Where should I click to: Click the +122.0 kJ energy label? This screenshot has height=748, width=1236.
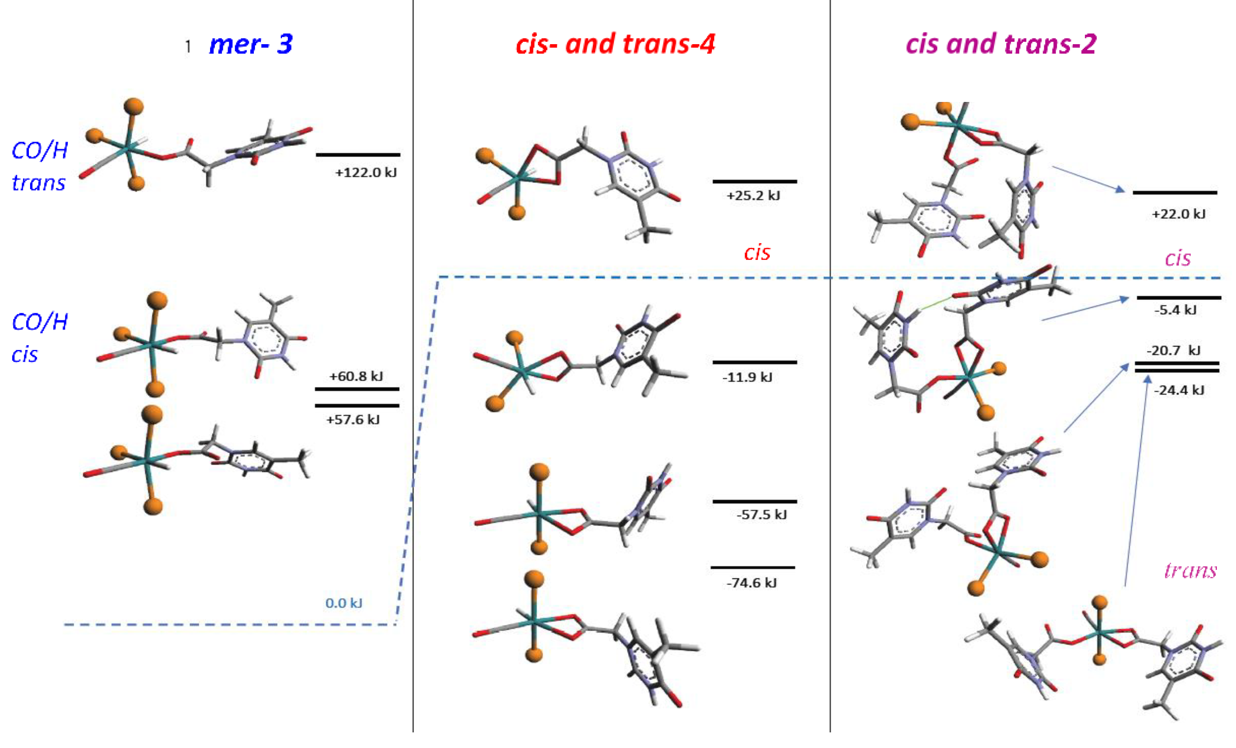point(366,173)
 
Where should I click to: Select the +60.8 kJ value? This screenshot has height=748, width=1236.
point(356,376)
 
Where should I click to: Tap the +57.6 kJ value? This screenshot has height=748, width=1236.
point(353,420)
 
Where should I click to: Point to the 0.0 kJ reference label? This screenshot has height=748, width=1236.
point(344,603)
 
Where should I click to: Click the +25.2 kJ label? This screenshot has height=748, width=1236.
point(753,196)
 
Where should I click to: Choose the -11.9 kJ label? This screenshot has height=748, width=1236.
point(747,377)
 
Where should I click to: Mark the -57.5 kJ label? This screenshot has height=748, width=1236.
point(762,515)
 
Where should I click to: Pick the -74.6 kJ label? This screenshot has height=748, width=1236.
point(751,583)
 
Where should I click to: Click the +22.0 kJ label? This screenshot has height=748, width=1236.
point(1178,214)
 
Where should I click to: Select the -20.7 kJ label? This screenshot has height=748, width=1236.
point(1173,350)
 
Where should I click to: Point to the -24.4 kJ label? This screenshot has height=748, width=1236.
point(1179,390)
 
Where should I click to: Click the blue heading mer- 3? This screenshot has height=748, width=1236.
point(250,44)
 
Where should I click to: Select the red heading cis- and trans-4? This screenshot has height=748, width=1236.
point(615,44)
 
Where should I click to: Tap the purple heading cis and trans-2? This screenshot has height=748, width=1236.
point(1001,44)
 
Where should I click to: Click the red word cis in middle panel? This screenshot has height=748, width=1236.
point(757,252)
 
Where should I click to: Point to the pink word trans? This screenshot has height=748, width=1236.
point(1190,570)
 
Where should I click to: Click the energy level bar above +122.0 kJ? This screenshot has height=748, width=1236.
point(358,155)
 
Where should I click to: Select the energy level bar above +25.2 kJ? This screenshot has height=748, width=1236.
point(754,182)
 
